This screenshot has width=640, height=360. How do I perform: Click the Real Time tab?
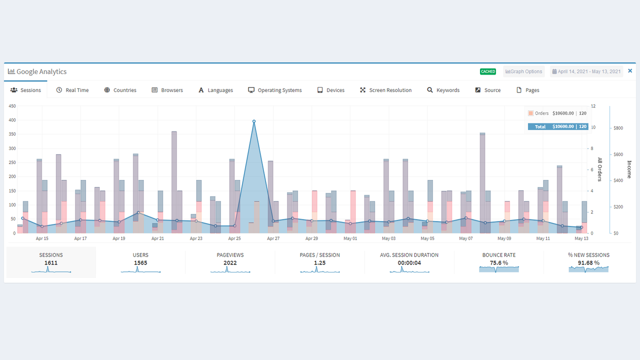[72, 90]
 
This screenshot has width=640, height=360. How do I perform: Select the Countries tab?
[120, 90]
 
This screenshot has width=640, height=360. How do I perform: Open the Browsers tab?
[167, 90]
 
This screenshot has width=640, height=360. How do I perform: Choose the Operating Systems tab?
[275, 90]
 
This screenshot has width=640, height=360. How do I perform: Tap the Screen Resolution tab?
[385, 90]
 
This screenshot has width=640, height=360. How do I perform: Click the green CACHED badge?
[488, 71]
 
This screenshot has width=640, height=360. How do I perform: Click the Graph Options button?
[523, 71]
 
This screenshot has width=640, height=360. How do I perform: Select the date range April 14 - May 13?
[586, 71]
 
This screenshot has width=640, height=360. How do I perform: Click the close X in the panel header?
[630, 71]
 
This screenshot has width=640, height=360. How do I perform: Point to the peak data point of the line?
[254, 121]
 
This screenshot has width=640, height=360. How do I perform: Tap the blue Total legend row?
[558, 126]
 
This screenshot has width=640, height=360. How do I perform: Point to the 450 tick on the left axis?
[12, 106]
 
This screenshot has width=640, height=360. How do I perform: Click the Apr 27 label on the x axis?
[273, 238]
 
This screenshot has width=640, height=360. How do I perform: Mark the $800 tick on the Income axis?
[618, 128]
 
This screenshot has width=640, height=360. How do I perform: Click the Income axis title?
[629, 169]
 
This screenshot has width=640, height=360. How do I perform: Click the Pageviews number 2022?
[230, 262]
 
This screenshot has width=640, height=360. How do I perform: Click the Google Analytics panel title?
[41, 71]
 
